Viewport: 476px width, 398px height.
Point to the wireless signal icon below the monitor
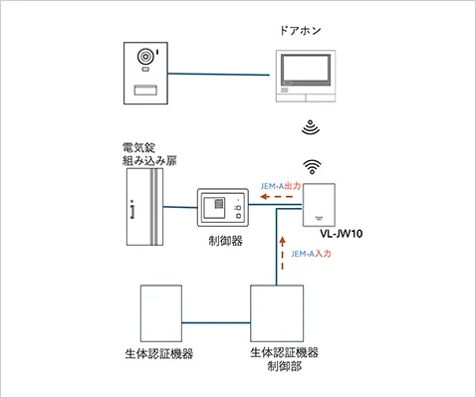click(311, 128)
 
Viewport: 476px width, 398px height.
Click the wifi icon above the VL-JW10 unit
click(311, 166)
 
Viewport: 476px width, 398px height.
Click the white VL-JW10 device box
click(322, 207)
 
